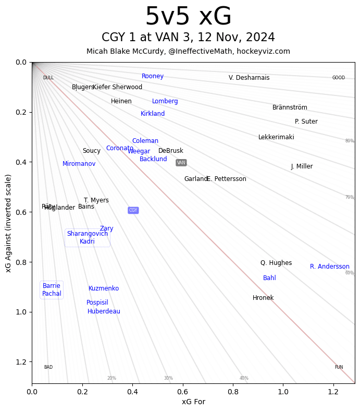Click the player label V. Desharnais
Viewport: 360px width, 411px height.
(x=249, y=78)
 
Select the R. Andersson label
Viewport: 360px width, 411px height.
(x=330, y=267)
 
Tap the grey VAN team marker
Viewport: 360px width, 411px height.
(x=181, y=163)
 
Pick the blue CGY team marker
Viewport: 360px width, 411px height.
(x=133, y=210)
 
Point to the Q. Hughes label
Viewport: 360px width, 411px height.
(x=276, y=263)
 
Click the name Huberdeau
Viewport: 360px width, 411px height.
(x=104, y=311)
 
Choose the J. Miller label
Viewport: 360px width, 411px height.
(x=302, y=166)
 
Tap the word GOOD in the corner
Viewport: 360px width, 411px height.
(x=339, y=78)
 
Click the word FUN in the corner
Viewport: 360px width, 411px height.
(x=339, y=367)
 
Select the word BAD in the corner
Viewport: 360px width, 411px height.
(x=48, y=367)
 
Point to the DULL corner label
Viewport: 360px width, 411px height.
(x=48, y=78)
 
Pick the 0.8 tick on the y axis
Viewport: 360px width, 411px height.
(x=21, y=262)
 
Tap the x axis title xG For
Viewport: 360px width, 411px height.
(x=193, y=402)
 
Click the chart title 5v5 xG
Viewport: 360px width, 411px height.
(x=188, y=17)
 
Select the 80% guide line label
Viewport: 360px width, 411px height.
(x=350, y=141)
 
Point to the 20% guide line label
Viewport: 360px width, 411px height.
(x=111, y=378)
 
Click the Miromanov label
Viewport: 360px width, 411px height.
(x=79, y=164)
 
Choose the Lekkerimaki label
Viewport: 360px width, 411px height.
(x=276, y=137)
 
